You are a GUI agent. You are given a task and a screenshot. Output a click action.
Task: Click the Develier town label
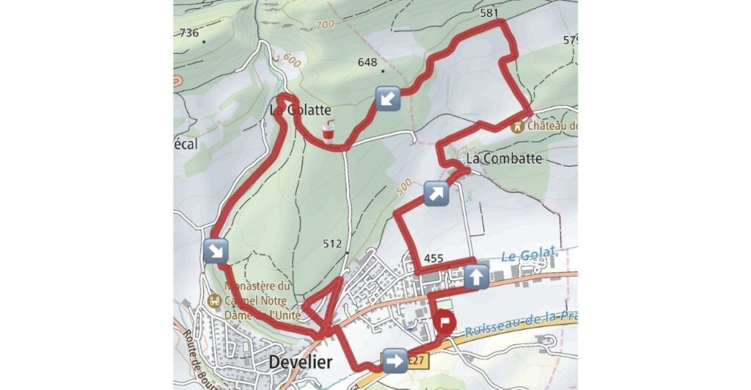click(301, 362)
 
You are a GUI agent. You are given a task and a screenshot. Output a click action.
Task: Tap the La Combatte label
click(504, 158)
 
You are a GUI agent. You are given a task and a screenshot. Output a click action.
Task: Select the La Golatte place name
click(300, 110)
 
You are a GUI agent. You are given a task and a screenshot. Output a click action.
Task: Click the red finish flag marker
click(444, 323)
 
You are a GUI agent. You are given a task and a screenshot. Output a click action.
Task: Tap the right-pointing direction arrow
click(395, 361)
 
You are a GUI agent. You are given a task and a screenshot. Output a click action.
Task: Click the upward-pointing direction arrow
click(476, 277)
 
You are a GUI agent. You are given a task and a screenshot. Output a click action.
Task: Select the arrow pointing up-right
click(435, 194)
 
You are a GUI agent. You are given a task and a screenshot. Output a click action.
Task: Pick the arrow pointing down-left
click(387, 97)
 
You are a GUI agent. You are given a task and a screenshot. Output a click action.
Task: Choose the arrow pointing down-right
click(216, 250)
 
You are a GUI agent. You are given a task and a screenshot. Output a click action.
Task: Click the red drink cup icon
click(328, 131)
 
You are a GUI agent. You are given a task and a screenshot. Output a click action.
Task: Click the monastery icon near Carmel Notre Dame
click(214, 300)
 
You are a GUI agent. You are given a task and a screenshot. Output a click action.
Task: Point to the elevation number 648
click(367, 62)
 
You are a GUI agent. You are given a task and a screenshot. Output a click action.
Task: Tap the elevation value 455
click(433, 258)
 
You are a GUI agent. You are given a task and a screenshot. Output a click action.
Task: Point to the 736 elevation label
click(188, 32)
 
